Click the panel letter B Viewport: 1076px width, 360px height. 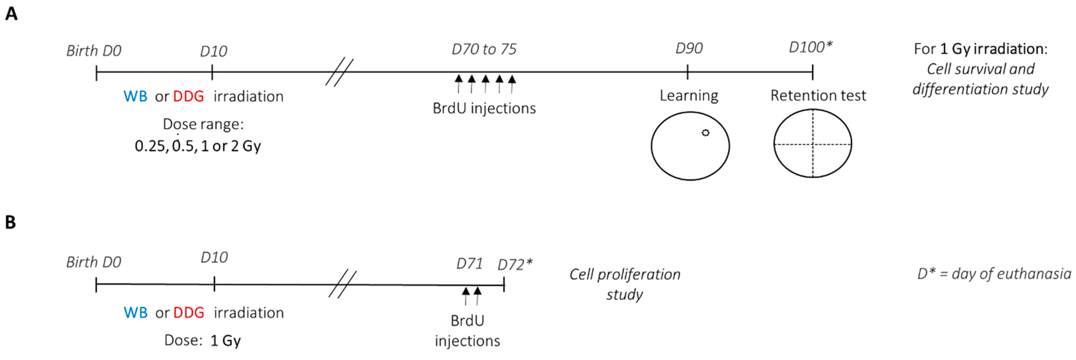(11, 222)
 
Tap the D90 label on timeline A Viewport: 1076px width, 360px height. (689, 48)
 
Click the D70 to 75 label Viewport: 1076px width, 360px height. (484, 49)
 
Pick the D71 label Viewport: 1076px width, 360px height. (469, 264)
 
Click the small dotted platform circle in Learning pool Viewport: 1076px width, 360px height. (705, 133)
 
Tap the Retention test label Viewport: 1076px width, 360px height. (818, 96)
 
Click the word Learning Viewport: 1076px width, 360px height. (689, 96)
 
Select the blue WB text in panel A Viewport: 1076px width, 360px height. (135, 96)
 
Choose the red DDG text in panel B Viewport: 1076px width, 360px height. (189, 312)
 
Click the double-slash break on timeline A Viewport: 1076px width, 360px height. (339, 72)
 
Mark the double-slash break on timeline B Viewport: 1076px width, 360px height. (342, 284)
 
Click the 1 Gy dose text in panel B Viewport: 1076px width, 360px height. (226, 340)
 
